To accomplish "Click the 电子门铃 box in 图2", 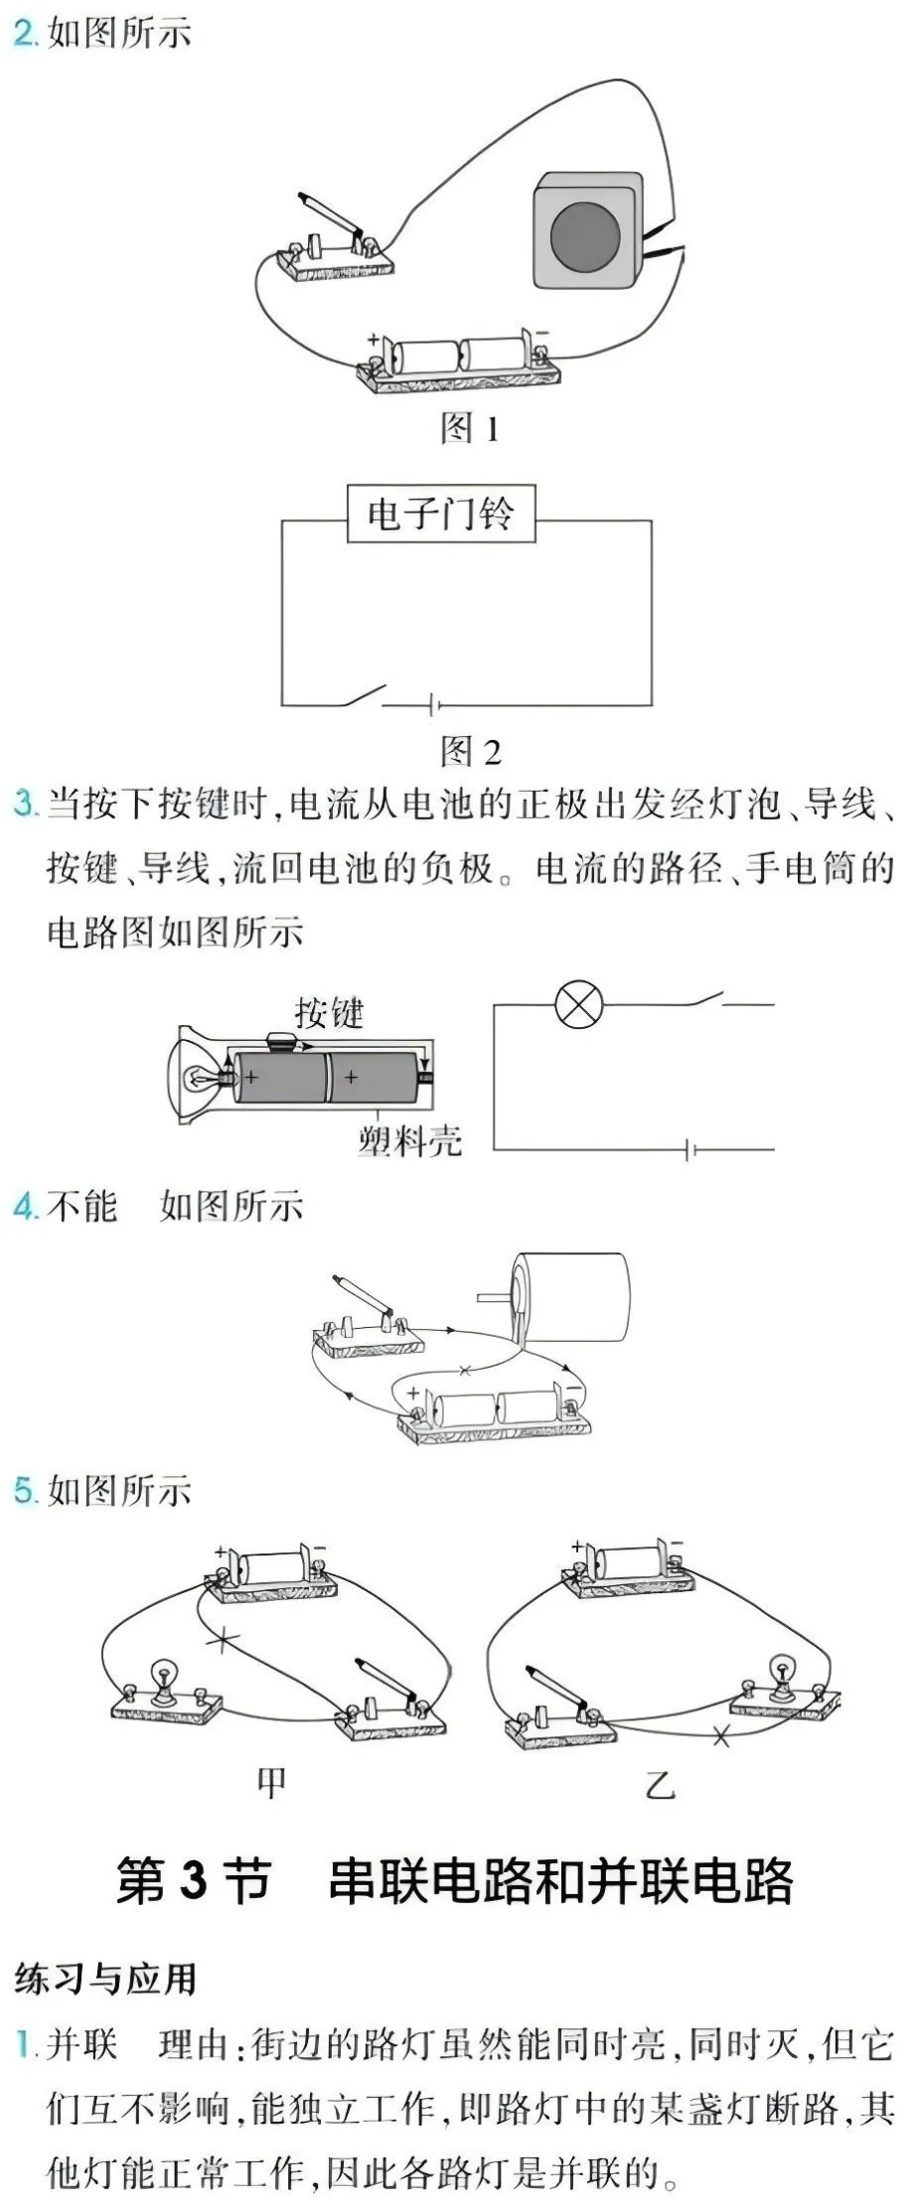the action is tap(441, 514).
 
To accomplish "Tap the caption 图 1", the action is tap(470, 428).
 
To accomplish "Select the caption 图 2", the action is tap(471, 751).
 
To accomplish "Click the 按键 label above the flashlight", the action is tap(330, 1013).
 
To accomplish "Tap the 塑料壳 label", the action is tap(410, 1140).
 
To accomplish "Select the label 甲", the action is tap(271, 1782).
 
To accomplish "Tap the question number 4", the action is tap(26, 1206).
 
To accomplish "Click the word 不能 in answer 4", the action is tap(82, 1206).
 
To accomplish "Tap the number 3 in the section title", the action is tap(194, 1880).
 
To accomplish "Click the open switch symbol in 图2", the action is tap(361, 695).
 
